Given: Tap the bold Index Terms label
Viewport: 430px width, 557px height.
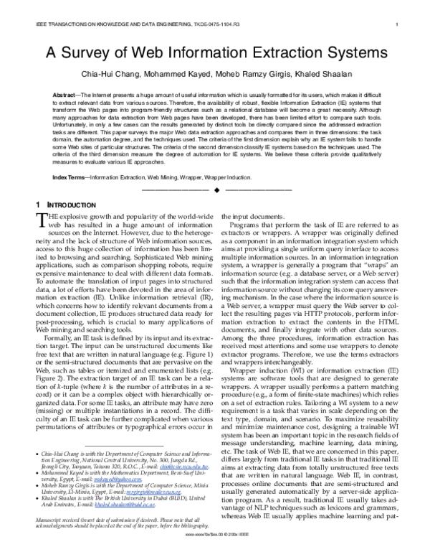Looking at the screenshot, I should [x=70, y=177].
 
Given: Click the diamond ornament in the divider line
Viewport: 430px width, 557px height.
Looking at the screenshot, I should [x=215, y=190].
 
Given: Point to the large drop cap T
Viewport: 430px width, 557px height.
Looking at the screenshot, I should [x=41, y=220].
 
